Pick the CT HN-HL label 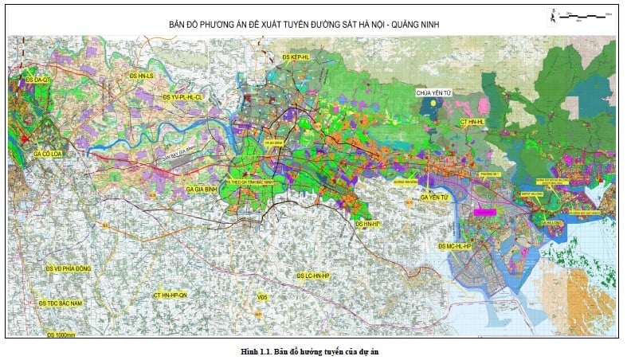(478, 121)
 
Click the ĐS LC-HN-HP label (312, 276)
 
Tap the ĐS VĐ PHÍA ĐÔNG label (69, 269)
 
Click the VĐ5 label (262, 298)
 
